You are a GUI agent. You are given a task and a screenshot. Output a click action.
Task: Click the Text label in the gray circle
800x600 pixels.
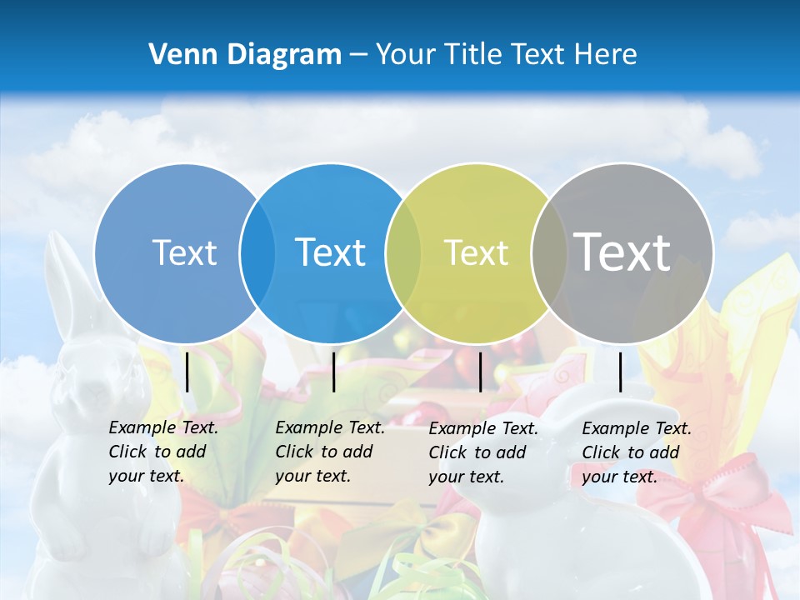(622, 252)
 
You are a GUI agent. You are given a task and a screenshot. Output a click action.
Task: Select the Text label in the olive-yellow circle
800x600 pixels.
(476, 253)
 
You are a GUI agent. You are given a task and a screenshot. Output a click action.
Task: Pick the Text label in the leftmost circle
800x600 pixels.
(184, 253)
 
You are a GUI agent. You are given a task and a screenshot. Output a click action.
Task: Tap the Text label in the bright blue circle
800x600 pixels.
(330, 253)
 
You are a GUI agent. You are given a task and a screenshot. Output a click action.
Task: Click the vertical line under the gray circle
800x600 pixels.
(621, 372)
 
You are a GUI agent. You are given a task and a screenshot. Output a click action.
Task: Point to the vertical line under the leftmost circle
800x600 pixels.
(187, 372)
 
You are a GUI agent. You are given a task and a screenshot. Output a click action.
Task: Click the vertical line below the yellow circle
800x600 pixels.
(481, 372)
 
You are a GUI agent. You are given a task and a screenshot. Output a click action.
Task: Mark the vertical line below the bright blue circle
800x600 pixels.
(334, 372)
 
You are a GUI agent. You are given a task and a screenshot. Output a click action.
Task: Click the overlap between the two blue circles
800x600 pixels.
(257, 253)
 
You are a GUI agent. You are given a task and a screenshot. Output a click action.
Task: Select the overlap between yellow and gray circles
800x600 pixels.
(546, 253)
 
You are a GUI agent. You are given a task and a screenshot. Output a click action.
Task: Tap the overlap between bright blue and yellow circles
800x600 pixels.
(403, 253)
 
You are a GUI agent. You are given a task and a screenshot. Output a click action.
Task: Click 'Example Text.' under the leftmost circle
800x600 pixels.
(163, 427)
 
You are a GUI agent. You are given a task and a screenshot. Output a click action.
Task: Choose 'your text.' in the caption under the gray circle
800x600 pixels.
(619, 477)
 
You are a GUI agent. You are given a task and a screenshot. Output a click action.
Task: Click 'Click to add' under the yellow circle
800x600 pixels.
(477, 452)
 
